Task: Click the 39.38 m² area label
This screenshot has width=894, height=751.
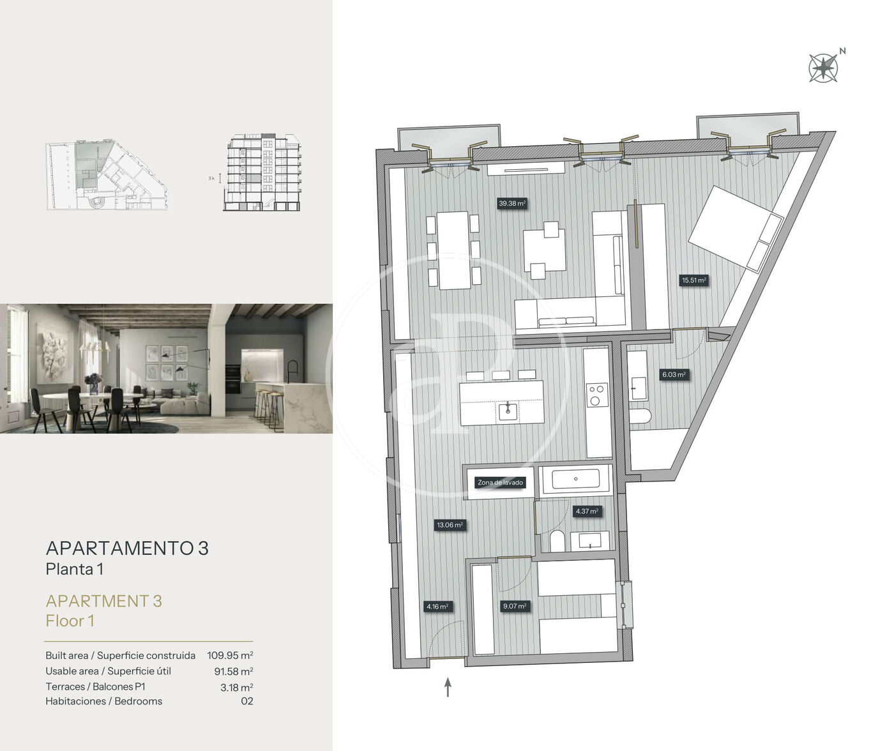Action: point(512,203)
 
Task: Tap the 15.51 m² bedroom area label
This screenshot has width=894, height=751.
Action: point(694,280)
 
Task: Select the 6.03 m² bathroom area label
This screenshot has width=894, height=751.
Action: point(674,375)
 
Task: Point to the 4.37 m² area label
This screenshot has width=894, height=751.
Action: point(587,512)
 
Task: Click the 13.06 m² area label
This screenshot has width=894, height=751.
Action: point(450,525)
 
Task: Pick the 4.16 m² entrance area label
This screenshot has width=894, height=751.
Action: point(437,607)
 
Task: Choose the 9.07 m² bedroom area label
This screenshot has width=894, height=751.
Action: point(514,606)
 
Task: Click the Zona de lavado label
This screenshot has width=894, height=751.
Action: point(500,483)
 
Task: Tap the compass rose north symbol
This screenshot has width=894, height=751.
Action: point(823,68)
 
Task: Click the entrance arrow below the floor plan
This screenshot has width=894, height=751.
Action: point(448,687)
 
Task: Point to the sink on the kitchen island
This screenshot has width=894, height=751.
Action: point(508,411)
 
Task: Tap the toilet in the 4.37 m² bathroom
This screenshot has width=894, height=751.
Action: point(557,541)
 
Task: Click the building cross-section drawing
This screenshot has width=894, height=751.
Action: point(261,172)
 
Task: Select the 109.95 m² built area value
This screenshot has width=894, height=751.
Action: point(231,655)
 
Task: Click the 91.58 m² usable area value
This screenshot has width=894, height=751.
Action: point(234,671)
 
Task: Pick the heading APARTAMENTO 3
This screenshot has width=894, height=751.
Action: point(127,549)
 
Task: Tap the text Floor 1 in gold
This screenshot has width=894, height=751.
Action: point(70,621)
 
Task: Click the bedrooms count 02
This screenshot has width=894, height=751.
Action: point(247,701)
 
